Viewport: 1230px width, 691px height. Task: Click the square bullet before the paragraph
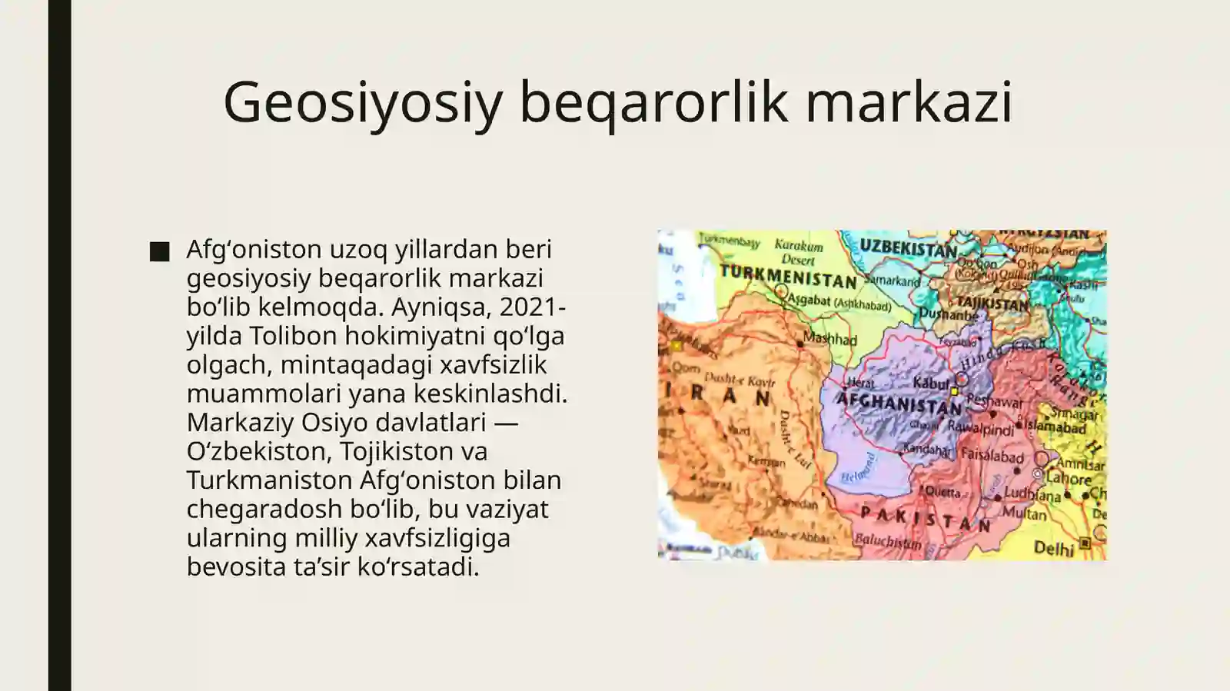pyautogui.click(x=159, y=251)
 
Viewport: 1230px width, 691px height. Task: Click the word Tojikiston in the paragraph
pyautogui.click(x=399, y=451)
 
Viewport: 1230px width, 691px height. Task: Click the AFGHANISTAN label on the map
pyautogui.click(x=899, y=403)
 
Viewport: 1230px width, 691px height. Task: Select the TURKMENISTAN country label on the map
pyautogui.click(x=788, y=276)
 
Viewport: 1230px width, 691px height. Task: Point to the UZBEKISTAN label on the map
pyautogui.click(x=908, y=249)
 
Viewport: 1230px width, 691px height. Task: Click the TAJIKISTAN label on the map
pyautogui.click(x=992, y=303)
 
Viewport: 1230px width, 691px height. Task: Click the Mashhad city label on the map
pyautogui.click(x=829, y=338)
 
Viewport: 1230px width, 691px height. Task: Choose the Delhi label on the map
pyautogui.click(x=1053, y=548)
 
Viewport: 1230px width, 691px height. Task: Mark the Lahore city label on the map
pyautogui.click(x=1068, y=479)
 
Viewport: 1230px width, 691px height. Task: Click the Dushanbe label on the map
pyautogui.click(x=949, y=314)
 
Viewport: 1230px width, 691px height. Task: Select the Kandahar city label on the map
pyautogui.click(x=926, y=449)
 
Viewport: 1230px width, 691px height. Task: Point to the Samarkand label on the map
pyautogui.click(x=895, y=281)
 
